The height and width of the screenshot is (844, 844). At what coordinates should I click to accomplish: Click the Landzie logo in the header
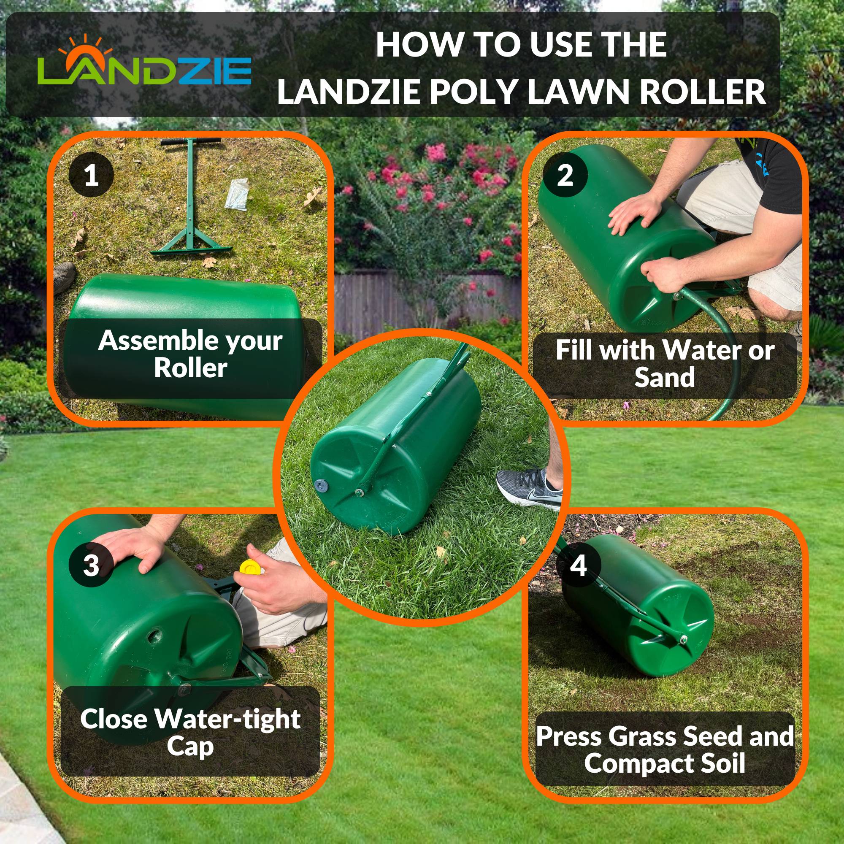(144, 65)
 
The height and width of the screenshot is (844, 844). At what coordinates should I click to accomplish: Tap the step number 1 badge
(91, 175)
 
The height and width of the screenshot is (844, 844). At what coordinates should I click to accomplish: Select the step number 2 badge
(565, 175)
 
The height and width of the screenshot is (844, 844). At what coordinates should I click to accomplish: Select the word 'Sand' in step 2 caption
(665, 377)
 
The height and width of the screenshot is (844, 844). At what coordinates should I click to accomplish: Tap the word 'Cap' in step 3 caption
(190, 746)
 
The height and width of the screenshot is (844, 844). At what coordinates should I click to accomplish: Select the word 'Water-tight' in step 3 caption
(227, 719)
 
